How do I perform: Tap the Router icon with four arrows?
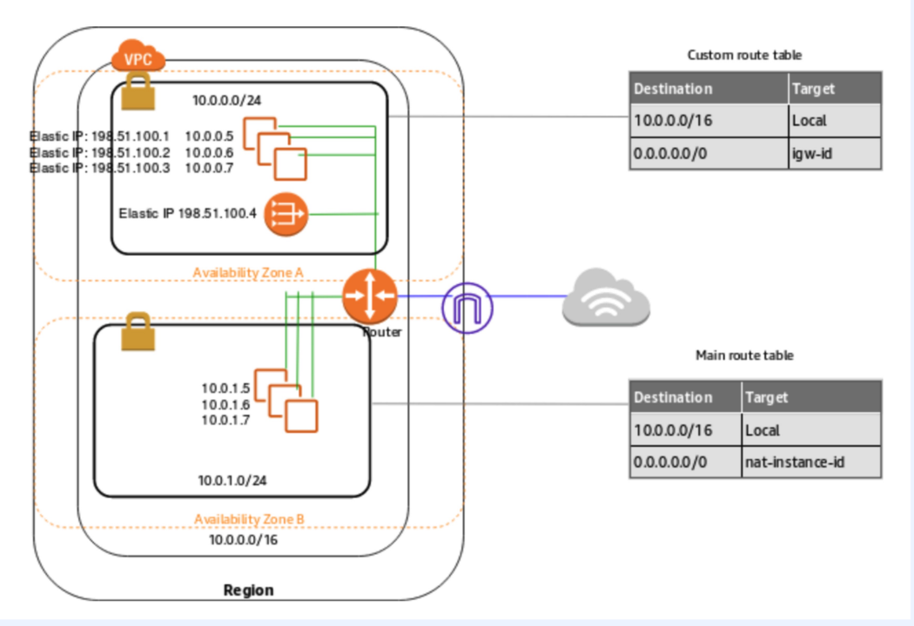369,296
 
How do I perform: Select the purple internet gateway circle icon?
467,307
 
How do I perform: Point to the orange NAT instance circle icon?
286,213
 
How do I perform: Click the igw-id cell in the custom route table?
835,153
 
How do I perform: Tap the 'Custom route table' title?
744,55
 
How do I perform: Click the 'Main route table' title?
744,355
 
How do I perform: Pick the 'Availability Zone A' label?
248,273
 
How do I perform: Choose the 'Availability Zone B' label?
249,520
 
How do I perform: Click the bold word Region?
248,590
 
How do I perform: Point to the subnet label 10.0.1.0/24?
232,480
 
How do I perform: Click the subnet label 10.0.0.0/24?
227,100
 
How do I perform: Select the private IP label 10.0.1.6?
225,404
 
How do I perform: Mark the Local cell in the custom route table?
835,121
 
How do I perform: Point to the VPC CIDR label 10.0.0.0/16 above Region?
243,540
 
